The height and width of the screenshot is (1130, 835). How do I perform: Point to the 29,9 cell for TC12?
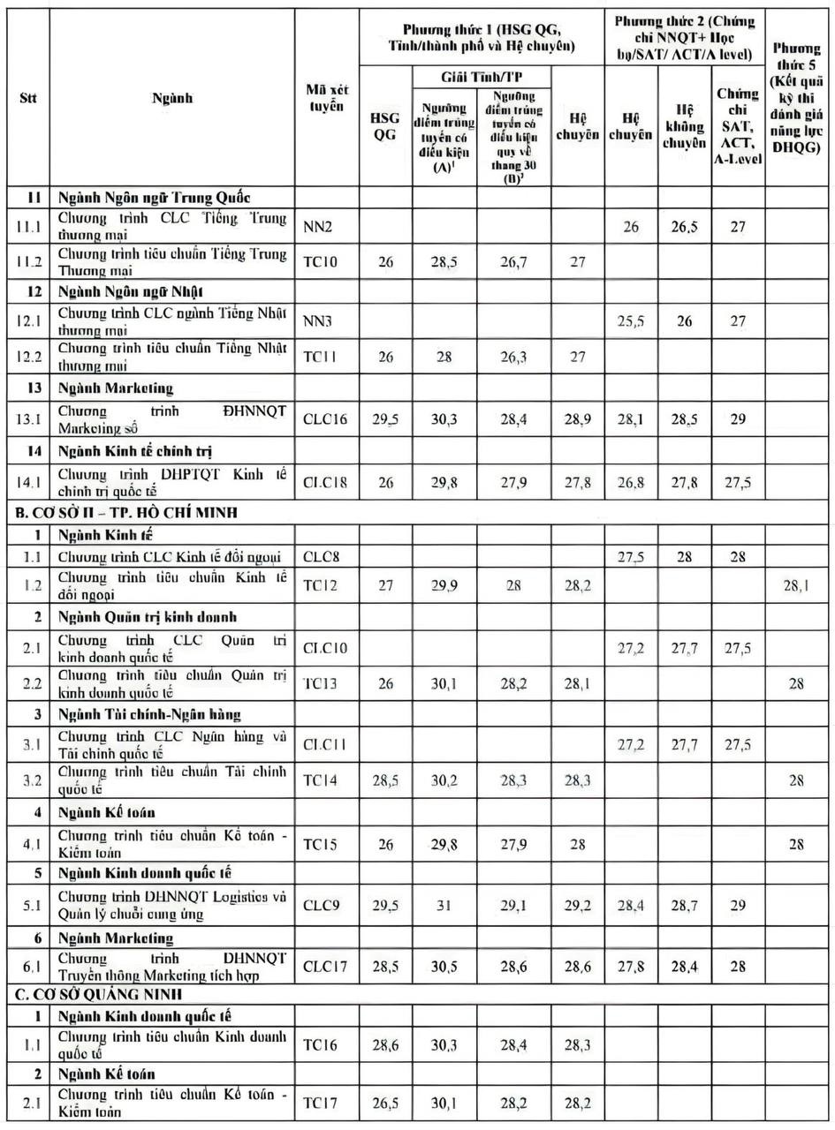444,584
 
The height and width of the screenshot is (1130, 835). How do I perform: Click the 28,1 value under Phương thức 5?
796,584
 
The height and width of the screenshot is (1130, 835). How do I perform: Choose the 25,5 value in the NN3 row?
630,323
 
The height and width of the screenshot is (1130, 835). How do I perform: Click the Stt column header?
27,99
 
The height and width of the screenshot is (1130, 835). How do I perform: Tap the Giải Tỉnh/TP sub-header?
480,75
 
